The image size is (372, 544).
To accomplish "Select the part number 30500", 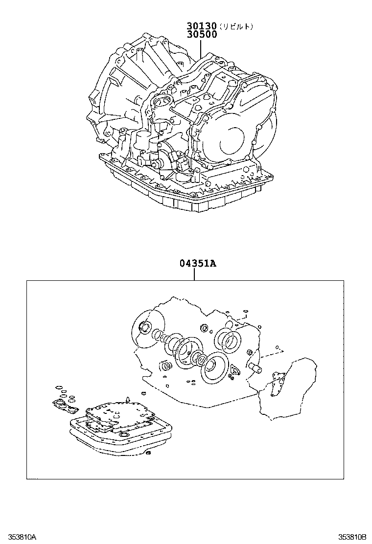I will (201, 35).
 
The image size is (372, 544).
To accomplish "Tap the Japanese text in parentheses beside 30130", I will (236, 27).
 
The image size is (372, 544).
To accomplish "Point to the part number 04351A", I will (194, 264).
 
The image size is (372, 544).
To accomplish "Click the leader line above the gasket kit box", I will (194, 274).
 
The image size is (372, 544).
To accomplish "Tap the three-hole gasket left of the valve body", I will (65, 406).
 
